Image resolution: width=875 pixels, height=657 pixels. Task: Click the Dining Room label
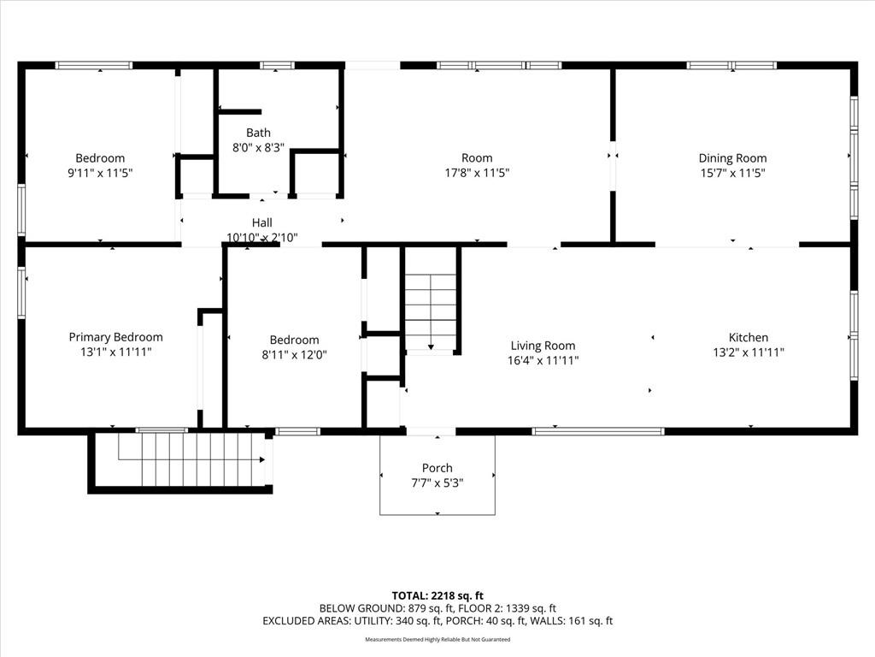click(x=732, y=157)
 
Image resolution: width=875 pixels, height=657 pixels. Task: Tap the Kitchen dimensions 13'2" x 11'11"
click(x=749, y=352)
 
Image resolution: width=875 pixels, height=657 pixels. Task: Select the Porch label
click(x=437, y=468)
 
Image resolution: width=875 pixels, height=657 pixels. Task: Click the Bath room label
click(x=258, y=133)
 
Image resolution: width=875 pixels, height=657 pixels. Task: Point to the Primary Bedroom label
click(x=115, y=337)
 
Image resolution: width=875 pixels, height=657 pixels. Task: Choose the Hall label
click(x=261, y=222)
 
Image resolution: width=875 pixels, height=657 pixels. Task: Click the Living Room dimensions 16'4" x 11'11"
click(x=543, y=361)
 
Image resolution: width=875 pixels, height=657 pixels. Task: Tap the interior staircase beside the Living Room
click(x=431, y=312)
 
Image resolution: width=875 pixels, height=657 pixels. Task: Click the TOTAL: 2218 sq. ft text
click(x=437, y=595)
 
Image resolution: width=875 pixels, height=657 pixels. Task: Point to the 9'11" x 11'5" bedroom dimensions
click(x=100, y=173)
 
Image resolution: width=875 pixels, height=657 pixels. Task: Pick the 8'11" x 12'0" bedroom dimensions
click(x=294, y=354)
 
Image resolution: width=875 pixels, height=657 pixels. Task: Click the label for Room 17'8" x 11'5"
click(x=477, y=157)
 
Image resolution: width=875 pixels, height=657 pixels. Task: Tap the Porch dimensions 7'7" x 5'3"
click(x=437, y=482)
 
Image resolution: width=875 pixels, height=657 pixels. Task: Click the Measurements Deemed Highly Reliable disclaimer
click(x=437, y=640)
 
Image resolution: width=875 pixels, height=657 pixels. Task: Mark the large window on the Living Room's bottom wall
click(x=598, y=431)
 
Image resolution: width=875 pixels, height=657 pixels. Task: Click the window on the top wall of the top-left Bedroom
click(x=94, y=65)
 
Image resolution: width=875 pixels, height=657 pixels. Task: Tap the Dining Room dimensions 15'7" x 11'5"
click(x=732, y=173)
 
